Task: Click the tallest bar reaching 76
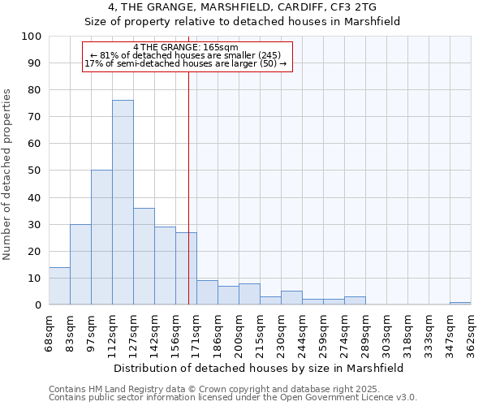point(123,202)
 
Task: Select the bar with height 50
point(101,237)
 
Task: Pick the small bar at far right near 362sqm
point(460,303)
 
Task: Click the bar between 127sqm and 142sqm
point(144,256)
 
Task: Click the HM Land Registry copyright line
point(232,389)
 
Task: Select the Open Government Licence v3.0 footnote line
point(232,397)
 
